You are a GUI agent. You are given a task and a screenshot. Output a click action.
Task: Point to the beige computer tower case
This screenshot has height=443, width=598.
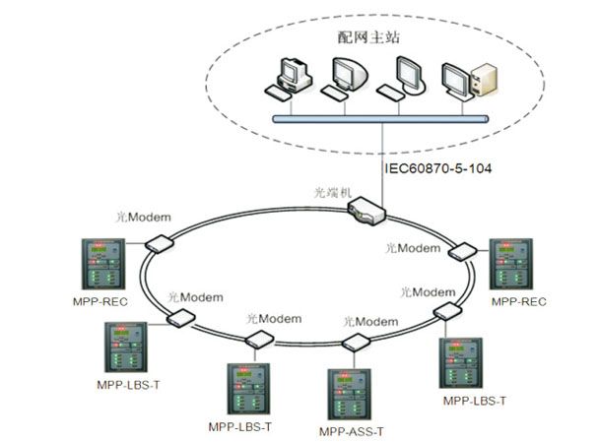pyautogui.click(x=483, y=80)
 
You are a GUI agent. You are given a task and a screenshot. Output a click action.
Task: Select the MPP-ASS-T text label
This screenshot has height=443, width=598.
pyautogui.click(x=352, y=431)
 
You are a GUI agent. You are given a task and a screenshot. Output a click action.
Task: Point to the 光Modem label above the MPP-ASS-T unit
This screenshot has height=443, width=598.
pyautogui.click(x=370, y=322)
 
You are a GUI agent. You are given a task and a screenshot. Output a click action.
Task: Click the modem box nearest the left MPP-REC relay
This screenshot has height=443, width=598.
pyautogui.click(x=154, y=243)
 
